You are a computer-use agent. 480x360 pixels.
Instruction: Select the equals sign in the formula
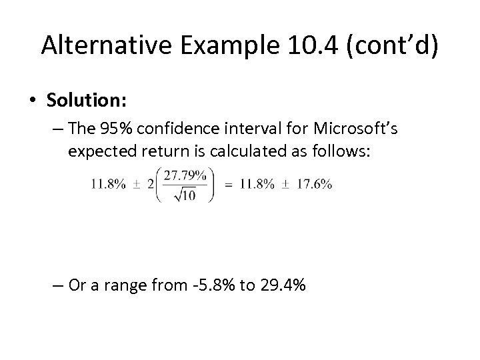229,185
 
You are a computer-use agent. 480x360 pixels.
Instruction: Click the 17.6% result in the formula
316,185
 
